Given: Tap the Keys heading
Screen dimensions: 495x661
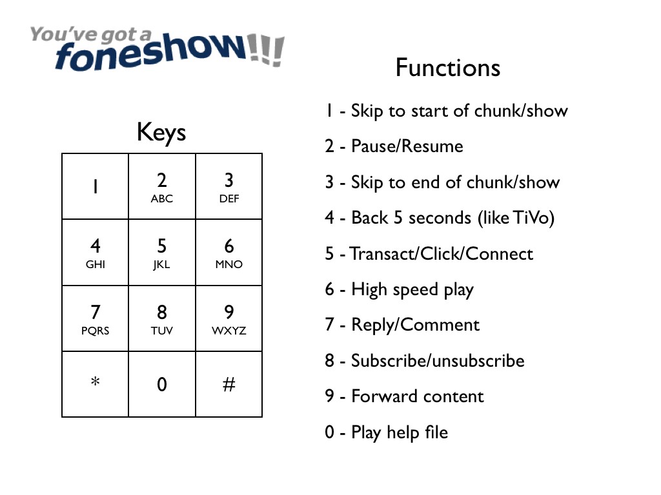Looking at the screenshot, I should tap(161, 133).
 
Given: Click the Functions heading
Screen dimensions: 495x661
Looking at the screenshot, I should tap(447, 68).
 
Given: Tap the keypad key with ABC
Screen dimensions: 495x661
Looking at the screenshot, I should tap(162, 187).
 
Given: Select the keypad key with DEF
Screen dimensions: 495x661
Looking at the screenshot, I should tap(229, 187).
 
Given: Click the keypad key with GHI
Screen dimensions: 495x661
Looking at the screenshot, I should tap(95, 253).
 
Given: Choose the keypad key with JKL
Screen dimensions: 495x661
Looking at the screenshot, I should tap(162, 253).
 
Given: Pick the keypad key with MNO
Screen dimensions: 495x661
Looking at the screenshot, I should tap(229, 253).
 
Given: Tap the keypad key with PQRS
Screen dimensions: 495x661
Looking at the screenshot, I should tap(95, 319).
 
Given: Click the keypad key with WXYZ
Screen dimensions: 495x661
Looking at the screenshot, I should tap(229, 319).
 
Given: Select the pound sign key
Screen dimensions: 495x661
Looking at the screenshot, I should tap(229, 385).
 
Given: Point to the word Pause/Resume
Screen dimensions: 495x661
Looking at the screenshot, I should tap(407, 146).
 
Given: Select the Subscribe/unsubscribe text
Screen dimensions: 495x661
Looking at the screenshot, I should tap(438, 360).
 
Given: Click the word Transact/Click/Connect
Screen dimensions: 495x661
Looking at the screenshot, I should tap(442, 253).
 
